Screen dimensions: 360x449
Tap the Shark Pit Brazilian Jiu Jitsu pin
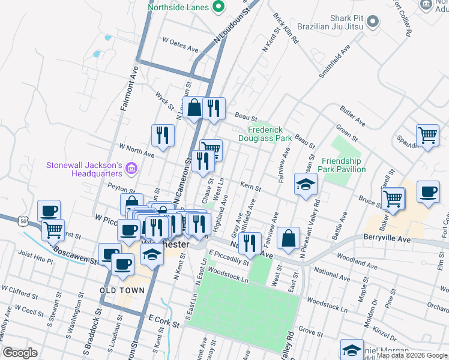373,22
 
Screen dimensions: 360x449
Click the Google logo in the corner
20,353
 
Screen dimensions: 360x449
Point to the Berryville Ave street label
387,238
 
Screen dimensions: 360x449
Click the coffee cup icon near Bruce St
428,192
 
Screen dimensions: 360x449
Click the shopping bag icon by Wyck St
194,108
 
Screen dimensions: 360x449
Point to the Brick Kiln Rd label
286,28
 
